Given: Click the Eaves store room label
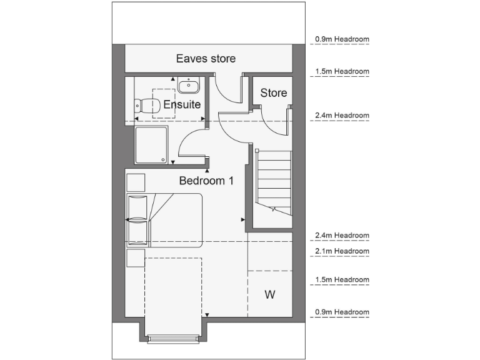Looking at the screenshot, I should (x=206, y=59).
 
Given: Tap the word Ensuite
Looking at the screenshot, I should (x=182, y=104).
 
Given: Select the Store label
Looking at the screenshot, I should (x=274, y=93).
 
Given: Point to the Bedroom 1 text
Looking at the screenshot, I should (x=206, y=181).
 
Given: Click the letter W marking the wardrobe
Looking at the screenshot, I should (x=270, y=294).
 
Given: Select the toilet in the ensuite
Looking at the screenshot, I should (x=147, y=106).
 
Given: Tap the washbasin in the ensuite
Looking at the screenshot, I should (x=188, y=85).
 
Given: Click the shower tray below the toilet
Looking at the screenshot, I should (x=151, y=145).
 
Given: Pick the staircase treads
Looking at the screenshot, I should (x=274, y=182).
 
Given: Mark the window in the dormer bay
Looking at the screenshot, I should (x=174, y=339).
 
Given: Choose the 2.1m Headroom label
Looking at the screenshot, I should (x=342, y=251).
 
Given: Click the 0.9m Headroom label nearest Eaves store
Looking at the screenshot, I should (x=342, y=39).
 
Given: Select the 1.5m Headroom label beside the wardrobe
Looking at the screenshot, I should (x=342, y=279).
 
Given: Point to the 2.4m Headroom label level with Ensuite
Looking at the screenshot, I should (x=342, y=116).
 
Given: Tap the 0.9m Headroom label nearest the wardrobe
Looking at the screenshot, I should (x=342, y=312).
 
